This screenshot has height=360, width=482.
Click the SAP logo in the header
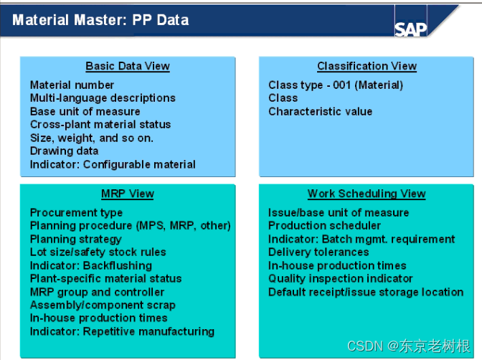(410, 28)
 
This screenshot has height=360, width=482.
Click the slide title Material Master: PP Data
(100, 19)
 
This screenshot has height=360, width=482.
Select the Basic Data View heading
(128, 66)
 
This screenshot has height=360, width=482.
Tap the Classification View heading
(367, 66)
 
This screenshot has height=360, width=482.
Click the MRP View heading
(128, 194)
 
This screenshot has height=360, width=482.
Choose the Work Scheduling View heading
(367, 194)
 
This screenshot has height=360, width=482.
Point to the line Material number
(72, 85)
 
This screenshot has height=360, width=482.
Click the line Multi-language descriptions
(103, 98)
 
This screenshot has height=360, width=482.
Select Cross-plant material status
(100, 124)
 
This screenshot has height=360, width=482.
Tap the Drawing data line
(64, 151)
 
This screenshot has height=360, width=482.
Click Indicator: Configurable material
(113, 164)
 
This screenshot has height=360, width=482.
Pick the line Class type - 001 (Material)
(336, 85)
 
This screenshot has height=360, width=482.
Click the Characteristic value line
(321, 111)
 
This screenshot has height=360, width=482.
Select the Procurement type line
(76, 212)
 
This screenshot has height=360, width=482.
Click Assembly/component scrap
(103, 305)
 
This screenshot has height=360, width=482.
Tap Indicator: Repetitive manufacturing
(122, 331)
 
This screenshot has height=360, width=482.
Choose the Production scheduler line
(324, 226)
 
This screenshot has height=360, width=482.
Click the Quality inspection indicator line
(341, 278)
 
